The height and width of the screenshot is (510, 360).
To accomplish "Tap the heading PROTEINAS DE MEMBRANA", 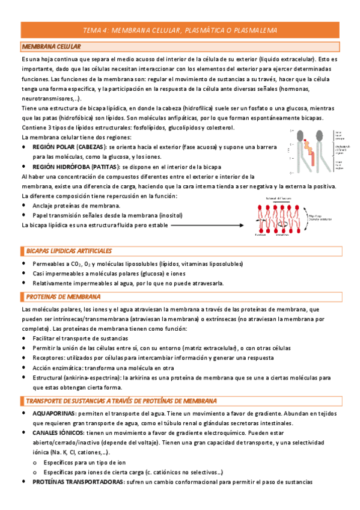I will (x=63, y=296).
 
